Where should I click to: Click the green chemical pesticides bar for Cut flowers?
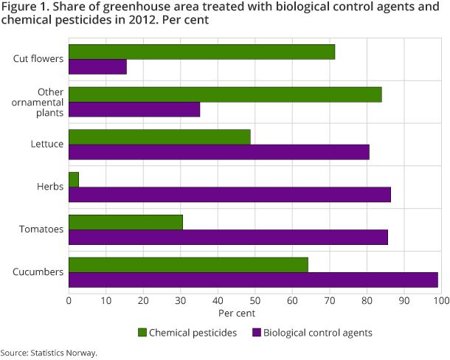(201, 52)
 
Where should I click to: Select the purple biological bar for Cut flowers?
(97, 67)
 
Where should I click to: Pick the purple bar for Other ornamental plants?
(134, 110)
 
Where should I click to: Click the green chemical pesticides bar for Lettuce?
(159, 137)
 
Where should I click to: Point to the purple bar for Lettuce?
(218, 153)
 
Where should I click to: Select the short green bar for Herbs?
(73, 180)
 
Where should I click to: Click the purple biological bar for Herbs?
(229, 195)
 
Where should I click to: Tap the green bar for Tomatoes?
(125, 222)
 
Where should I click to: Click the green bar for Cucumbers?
(188, 265)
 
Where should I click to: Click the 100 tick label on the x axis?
(440, 301)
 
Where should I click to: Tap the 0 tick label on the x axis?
(69, 301)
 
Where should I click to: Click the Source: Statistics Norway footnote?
(49, 353)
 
